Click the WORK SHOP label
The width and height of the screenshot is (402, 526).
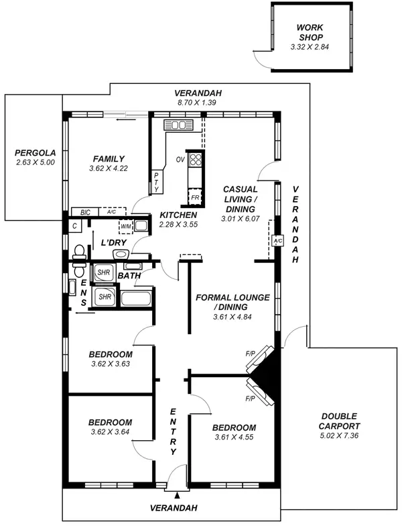coord(310,32)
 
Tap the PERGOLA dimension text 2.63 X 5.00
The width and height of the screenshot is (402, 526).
coord(35,162)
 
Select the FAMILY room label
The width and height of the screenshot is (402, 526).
coord(109,158)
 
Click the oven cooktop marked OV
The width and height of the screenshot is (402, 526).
coord(195,160)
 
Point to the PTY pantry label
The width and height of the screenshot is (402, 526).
coord(156,182)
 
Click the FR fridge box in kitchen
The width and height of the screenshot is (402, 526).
coord(194,198)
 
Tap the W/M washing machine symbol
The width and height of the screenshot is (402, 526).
coord(125,226)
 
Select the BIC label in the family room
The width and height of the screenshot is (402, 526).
coord(85,212)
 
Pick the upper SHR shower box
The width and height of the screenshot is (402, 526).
coord(103,273)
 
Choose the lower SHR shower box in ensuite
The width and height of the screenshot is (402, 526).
coord(105,296)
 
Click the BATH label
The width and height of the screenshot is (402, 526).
coord(129,276)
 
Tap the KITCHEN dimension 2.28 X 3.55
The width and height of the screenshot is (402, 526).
coord(178,224)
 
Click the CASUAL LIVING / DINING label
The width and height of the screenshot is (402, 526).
coord(241,199)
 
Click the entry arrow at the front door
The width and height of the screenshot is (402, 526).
coord(177,494)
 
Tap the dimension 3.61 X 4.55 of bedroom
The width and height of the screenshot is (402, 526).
coord(234,437)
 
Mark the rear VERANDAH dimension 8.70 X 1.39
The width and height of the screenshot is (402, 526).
coord(198,103)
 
